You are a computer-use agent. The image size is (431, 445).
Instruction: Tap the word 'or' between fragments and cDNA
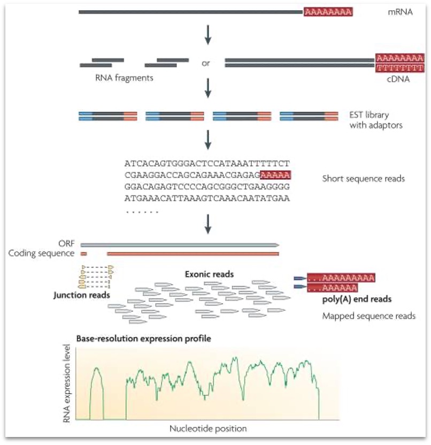[x=206, y=63]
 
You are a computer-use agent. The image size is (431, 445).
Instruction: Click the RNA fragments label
[x=124, y=78]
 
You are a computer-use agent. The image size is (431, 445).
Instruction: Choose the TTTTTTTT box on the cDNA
[x=400, y=67]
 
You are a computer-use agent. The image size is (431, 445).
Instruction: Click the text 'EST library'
[x=370, y=114]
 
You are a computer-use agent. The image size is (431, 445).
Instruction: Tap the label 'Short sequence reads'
[x=364, y=179]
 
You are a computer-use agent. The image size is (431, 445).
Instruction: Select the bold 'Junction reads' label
[x=82, y=295]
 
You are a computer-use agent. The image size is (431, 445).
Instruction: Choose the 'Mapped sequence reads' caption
[x=368, y=316]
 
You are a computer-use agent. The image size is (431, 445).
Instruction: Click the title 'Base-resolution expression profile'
[x=143, y=339]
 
